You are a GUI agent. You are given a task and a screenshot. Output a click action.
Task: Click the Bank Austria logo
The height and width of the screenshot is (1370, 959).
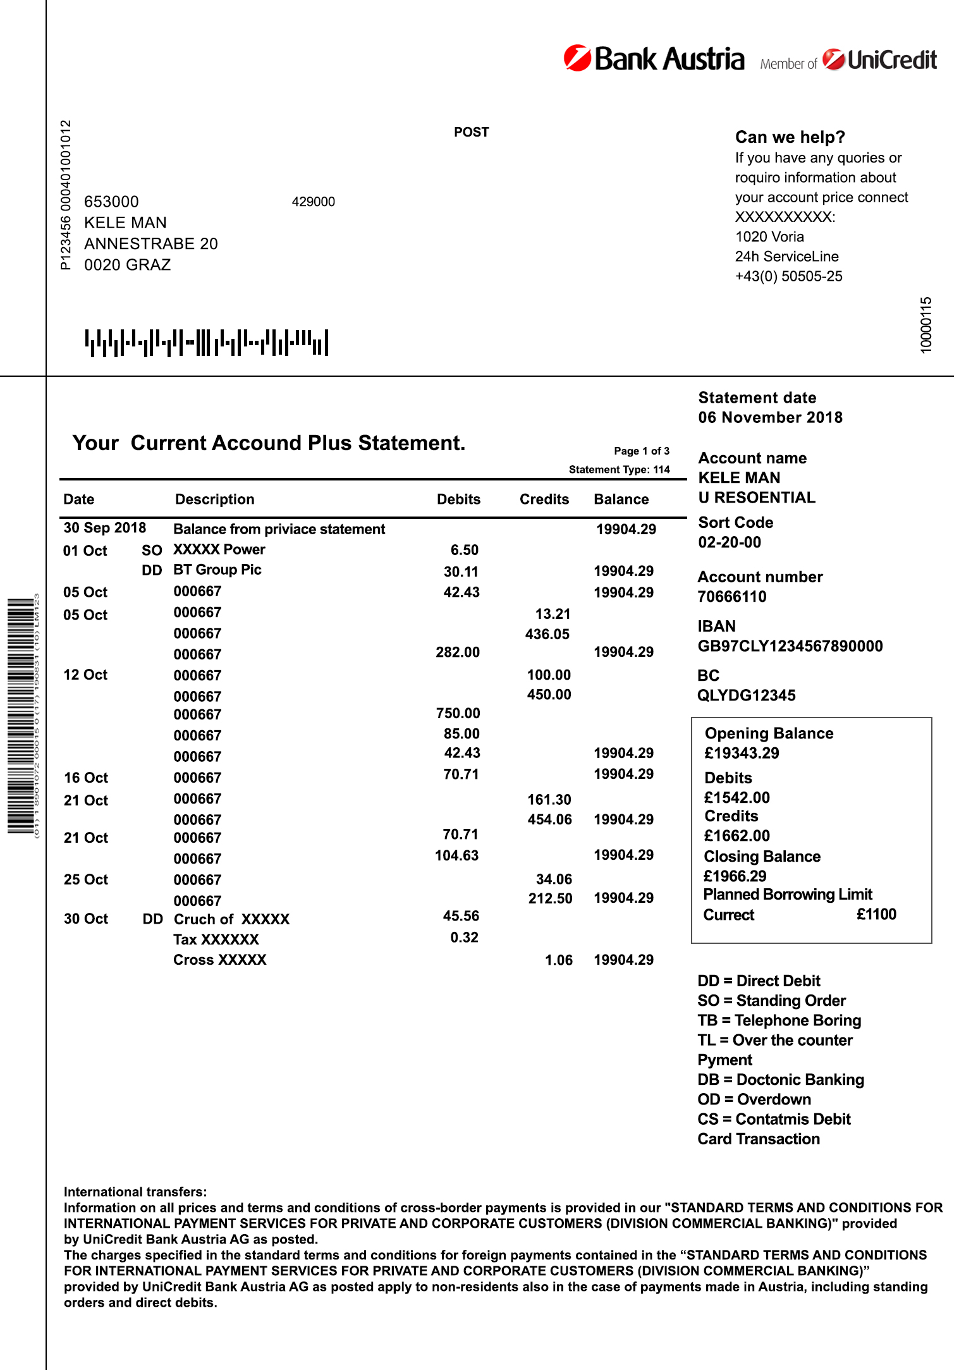point(654,59)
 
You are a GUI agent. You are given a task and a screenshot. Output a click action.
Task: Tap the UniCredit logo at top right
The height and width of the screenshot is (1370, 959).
point(879,60)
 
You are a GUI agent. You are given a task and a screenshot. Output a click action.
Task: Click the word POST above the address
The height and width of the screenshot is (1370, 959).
point(471,132)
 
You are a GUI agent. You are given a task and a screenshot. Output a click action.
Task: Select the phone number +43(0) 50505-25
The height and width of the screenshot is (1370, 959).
point(788,276)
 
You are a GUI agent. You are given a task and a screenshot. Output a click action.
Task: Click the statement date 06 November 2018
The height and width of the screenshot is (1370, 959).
point(770,417)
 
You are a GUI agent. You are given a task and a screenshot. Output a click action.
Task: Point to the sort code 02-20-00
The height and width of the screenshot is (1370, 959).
point(730,542)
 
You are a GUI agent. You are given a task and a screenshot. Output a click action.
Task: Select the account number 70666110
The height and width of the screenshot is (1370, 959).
point(731,597)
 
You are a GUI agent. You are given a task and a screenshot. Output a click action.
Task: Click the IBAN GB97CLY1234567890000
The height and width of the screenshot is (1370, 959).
point(790,646)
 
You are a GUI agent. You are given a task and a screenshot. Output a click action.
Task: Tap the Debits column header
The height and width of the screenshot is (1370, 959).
point(458,499)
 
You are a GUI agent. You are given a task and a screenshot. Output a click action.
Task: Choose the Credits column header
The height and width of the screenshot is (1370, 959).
point(544,499)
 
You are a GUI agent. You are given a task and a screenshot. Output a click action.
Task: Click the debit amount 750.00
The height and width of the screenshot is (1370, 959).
point(458,713)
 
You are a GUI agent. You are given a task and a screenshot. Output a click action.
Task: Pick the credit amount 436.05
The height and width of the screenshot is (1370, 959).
point(547,634)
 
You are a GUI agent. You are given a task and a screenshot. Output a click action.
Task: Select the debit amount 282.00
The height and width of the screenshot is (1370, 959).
point(457,652)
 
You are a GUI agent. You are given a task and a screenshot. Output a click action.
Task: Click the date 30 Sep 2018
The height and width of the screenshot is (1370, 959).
point(104,528)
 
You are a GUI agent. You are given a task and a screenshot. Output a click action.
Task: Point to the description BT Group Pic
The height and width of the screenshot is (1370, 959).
point(217,570)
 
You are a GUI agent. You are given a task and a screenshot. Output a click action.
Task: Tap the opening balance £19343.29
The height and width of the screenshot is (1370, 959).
point(742,753)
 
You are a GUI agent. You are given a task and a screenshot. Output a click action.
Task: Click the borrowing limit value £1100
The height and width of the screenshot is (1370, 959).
point(876,914)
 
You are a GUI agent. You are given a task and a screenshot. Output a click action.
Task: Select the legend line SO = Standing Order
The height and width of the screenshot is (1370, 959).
point(771,1001)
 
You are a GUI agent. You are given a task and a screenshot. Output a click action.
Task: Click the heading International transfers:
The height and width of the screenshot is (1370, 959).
point(135,1192)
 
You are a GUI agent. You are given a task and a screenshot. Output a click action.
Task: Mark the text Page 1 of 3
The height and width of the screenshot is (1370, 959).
point(641,451)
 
